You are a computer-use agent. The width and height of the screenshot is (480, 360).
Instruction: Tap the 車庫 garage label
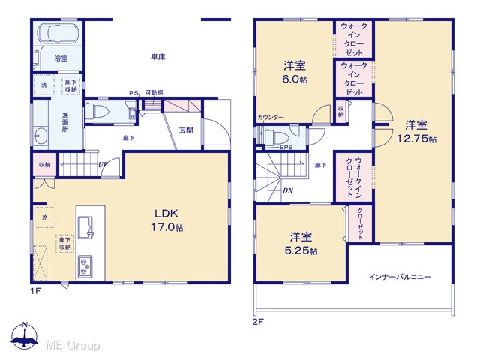coord(158,57)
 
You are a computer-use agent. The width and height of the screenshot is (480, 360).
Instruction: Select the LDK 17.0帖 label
coord(166,220)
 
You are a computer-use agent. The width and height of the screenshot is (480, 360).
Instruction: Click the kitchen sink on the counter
coord(85,227)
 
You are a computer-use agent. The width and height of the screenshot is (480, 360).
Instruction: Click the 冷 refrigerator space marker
coord(45,217)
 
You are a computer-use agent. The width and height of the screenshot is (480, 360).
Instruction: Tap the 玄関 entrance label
coord(186,130)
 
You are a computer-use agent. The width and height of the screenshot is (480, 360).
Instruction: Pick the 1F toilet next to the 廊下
coord(96,111)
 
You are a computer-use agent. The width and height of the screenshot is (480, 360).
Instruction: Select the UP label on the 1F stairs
coord(103,165)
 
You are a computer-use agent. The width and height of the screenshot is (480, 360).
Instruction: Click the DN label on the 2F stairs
coord(288,190)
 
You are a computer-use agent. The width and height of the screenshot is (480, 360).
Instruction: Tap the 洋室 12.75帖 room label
coord(417,132)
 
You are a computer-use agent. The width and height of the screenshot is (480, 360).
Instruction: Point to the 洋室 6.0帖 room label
coord(295,72)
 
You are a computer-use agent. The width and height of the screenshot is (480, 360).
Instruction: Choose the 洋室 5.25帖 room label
coord(301,243)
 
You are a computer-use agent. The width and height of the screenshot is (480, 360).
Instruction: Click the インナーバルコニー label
coord(400,277)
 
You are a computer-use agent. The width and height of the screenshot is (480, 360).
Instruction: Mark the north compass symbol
coord(25,335)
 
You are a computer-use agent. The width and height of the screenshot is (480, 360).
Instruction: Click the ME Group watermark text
coord(73,345)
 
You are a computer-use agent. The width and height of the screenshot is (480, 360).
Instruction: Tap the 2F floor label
coord(258,322)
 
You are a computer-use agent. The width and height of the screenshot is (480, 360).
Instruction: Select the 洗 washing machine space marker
coord(44,85)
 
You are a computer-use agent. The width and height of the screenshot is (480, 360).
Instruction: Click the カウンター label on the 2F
coord(271,117)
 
